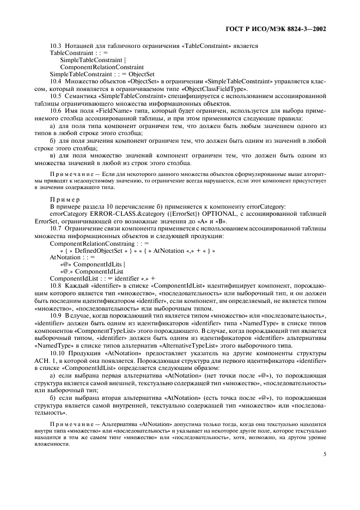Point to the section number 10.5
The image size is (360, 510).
pos(56,95)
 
